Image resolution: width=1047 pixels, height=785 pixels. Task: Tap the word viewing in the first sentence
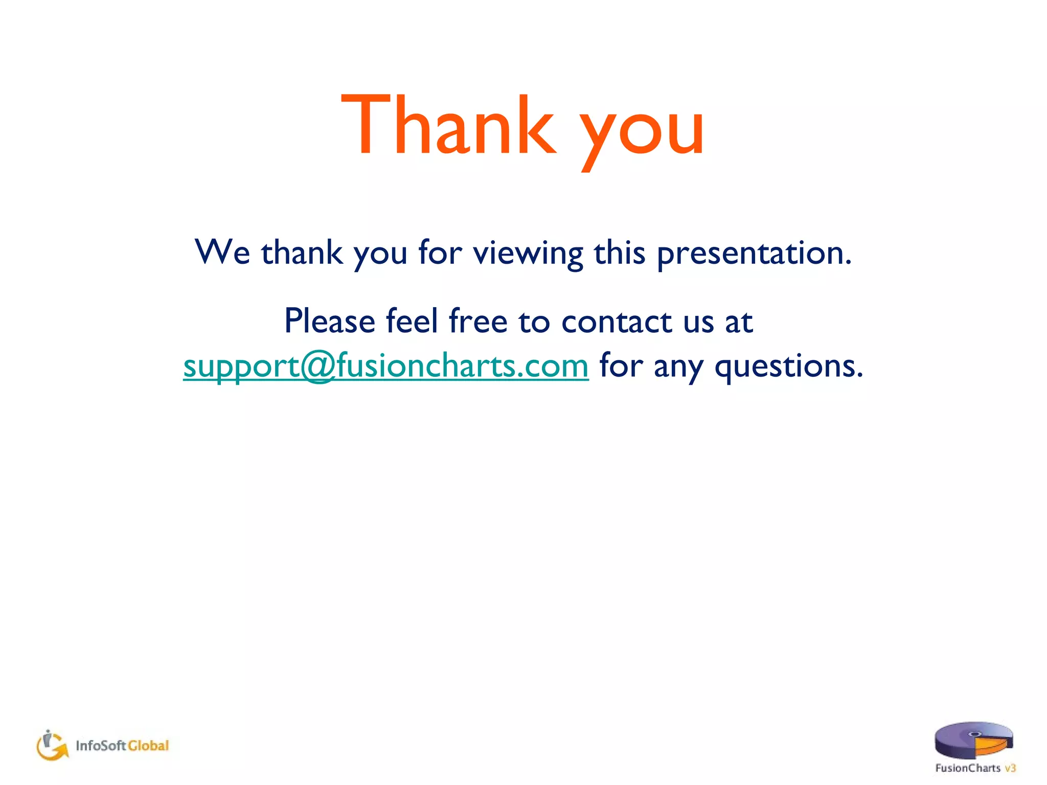tap(528, 253)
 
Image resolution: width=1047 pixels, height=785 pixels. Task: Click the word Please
tap(330, 321)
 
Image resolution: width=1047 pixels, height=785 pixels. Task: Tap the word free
tap(478, 321)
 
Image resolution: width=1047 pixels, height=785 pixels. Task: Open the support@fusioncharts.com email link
tap(386, 366)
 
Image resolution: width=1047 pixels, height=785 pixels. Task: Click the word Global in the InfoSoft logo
tap(148, 746)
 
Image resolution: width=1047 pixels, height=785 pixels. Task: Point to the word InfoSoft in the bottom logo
tap(101, 746)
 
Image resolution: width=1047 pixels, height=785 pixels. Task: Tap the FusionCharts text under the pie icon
tap(967, 768)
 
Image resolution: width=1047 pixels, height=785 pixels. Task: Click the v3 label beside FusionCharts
tap(1010, 768)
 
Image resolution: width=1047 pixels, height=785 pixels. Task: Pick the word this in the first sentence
tap(620, 252)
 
